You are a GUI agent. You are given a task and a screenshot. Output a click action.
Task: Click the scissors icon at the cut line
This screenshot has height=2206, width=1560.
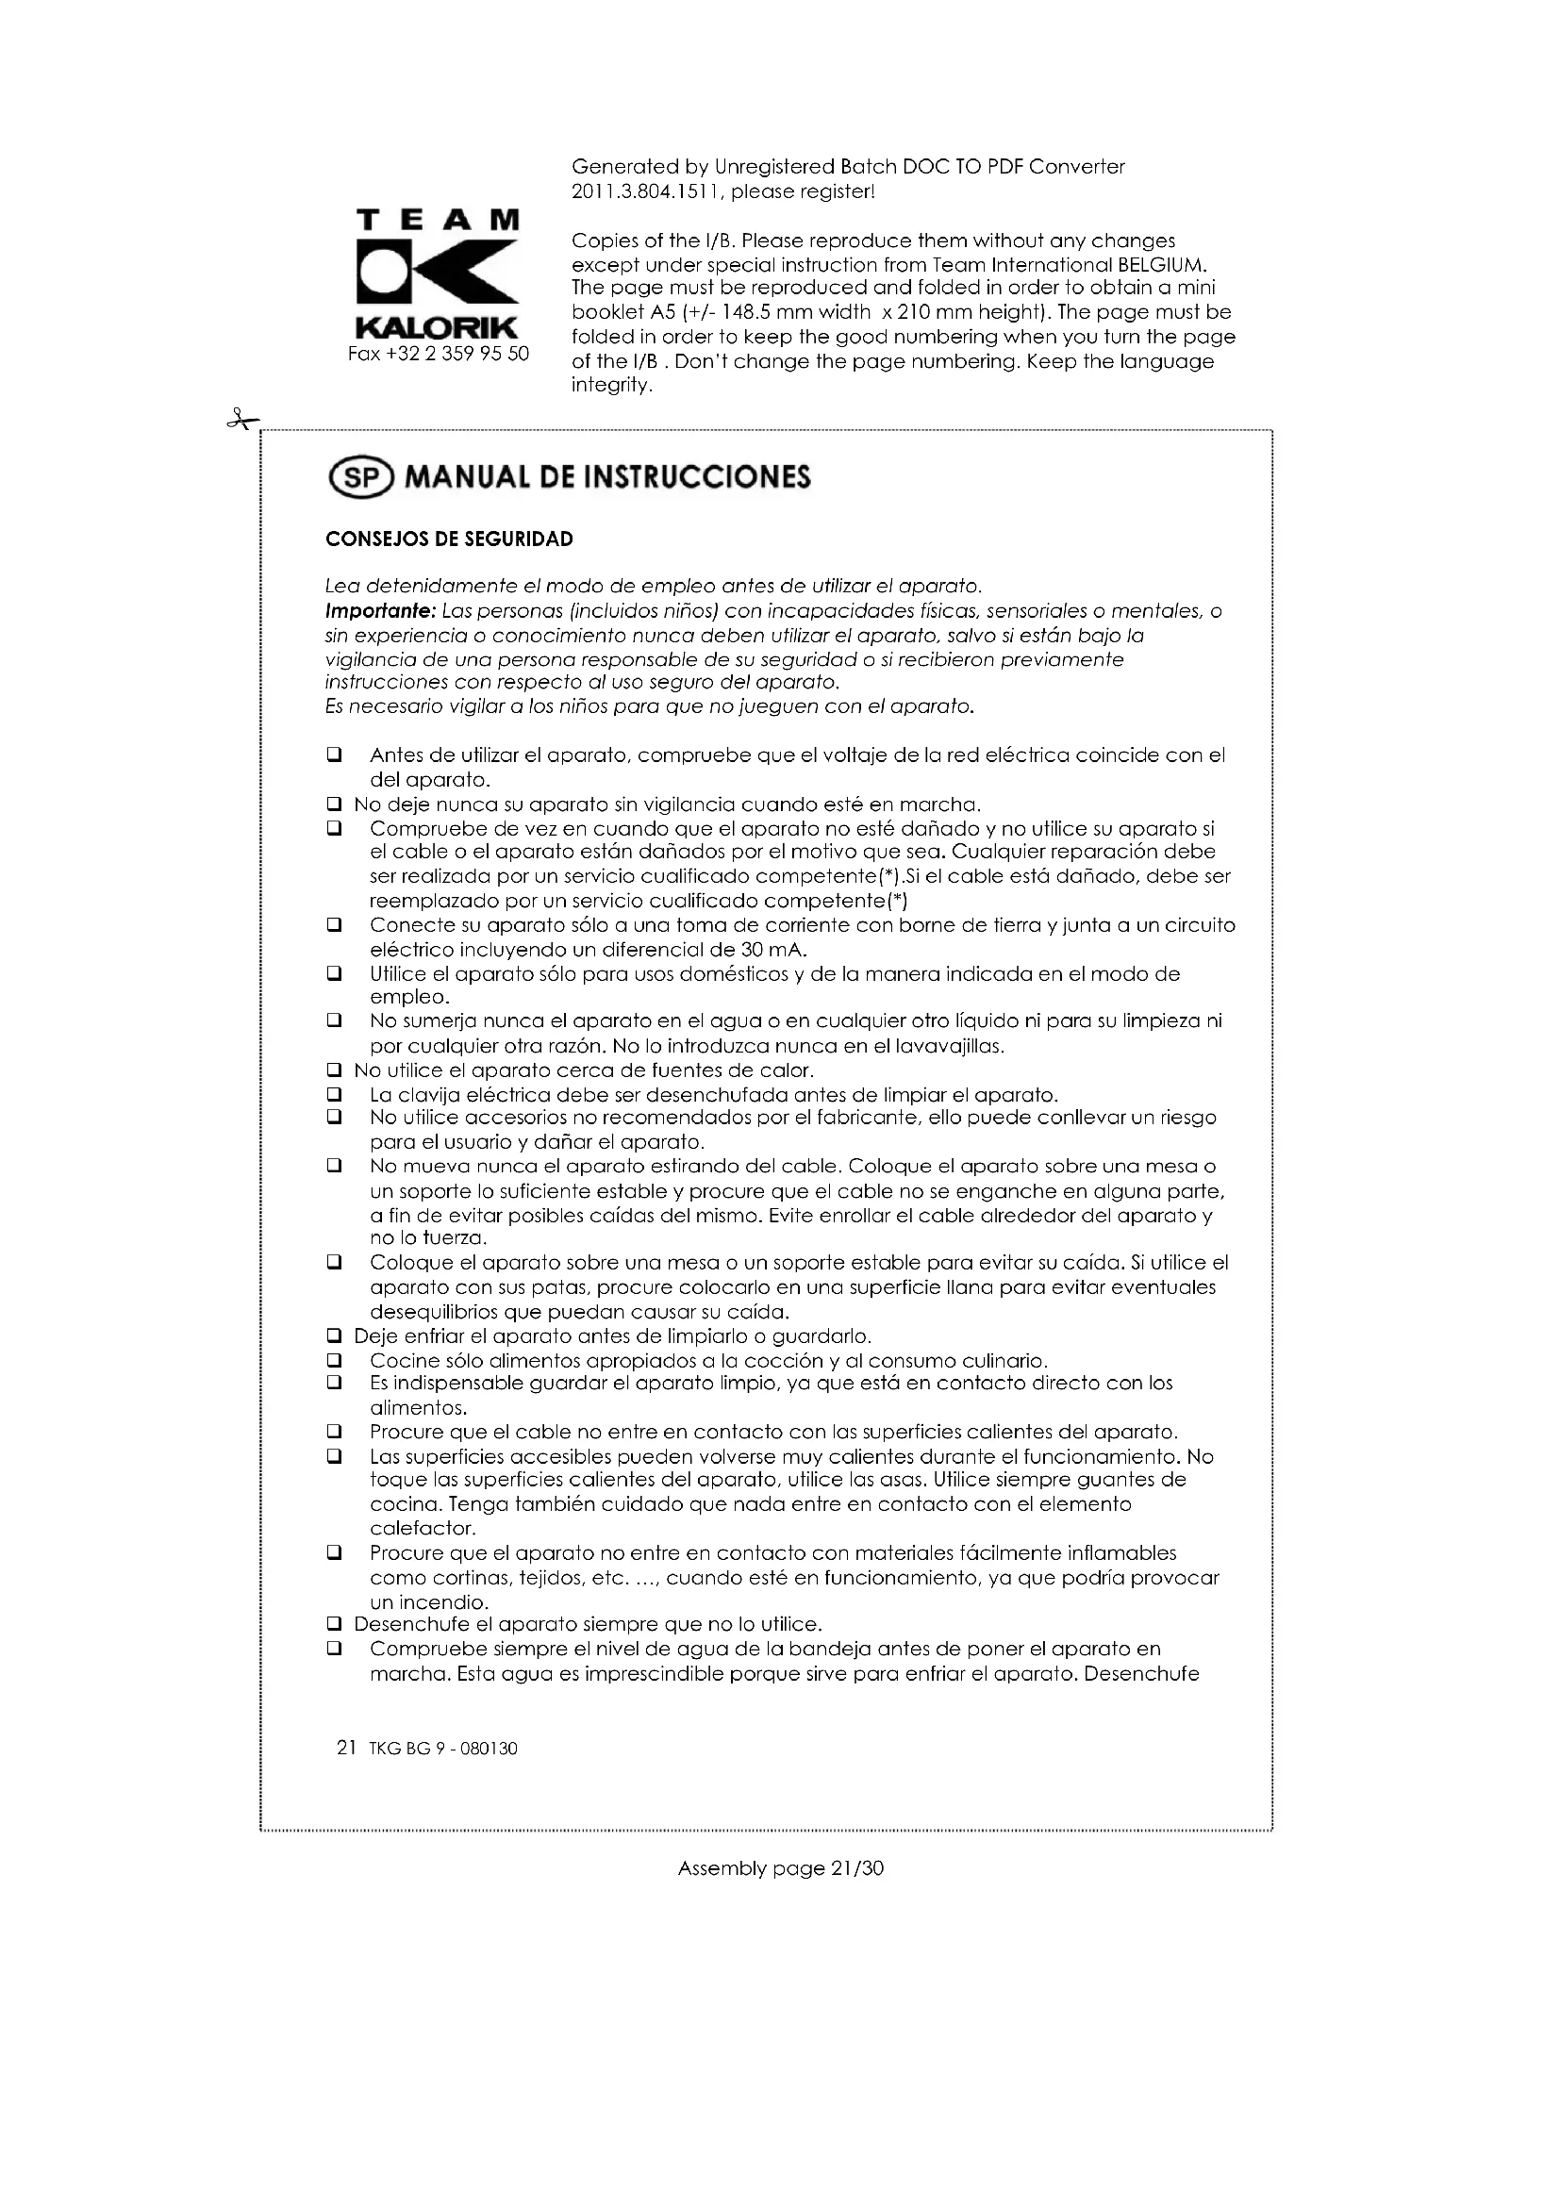point(243,420)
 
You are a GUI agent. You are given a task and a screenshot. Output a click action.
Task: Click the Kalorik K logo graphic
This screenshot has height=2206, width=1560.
point(438,272)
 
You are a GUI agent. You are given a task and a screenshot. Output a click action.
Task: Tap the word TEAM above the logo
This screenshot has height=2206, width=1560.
point(438,220)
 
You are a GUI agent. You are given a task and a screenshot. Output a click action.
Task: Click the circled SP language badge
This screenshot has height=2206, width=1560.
point(361,477)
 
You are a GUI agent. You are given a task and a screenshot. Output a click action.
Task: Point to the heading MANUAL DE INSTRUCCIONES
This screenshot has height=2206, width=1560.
point(607,477)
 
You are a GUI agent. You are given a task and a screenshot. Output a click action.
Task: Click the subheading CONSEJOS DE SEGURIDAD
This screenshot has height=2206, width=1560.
point(449,539)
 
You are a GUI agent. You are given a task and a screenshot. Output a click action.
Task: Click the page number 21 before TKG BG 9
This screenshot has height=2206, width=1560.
point(347,1748)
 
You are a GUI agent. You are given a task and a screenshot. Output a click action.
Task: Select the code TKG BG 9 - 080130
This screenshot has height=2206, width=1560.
point(441,1749)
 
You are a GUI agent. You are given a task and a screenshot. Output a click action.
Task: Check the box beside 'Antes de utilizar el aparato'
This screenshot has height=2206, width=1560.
point(334,755)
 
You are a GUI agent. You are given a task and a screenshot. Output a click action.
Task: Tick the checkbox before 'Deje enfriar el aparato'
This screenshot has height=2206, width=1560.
point(334,1335)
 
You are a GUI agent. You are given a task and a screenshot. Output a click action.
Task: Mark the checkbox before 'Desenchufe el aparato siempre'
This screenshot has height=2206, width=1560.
point(334,1624)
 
